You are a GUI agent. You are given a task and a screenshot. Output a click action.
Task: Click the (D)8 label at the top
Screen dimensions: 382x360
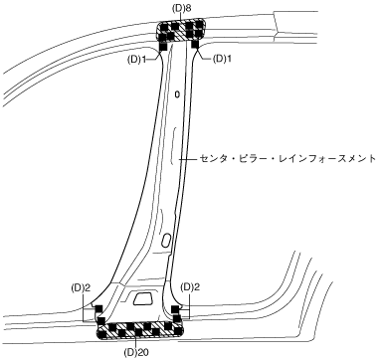click(x=182, y=9)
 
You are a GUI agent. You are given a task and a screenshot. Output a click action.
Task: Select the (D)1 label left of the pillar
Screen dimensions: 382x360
click(x=136, y=60)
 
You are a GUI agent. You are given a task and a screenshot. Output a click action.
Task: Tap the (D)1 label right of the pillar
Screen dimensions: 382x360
click(x=222, y=59)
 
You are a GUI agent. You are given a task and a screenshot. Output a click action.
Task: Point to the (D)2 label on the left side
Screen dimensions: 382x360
click(x=81, y=287)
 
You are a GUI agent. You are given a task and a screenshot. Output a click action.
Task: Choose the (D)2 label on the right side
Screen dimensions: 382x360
click(x=190, y=287)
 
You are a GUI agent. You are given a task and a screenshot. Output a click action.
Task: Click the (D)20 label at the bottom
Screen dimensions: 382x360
click(x=134, y=352)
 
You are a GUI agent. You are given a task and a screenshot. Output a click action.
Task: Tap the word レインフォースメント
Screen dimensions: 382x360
click(x=333, y=158)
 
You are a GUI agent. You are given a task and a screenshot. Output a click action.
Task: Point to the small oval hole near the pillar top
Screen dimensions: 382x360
click(x=177, y=94)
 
